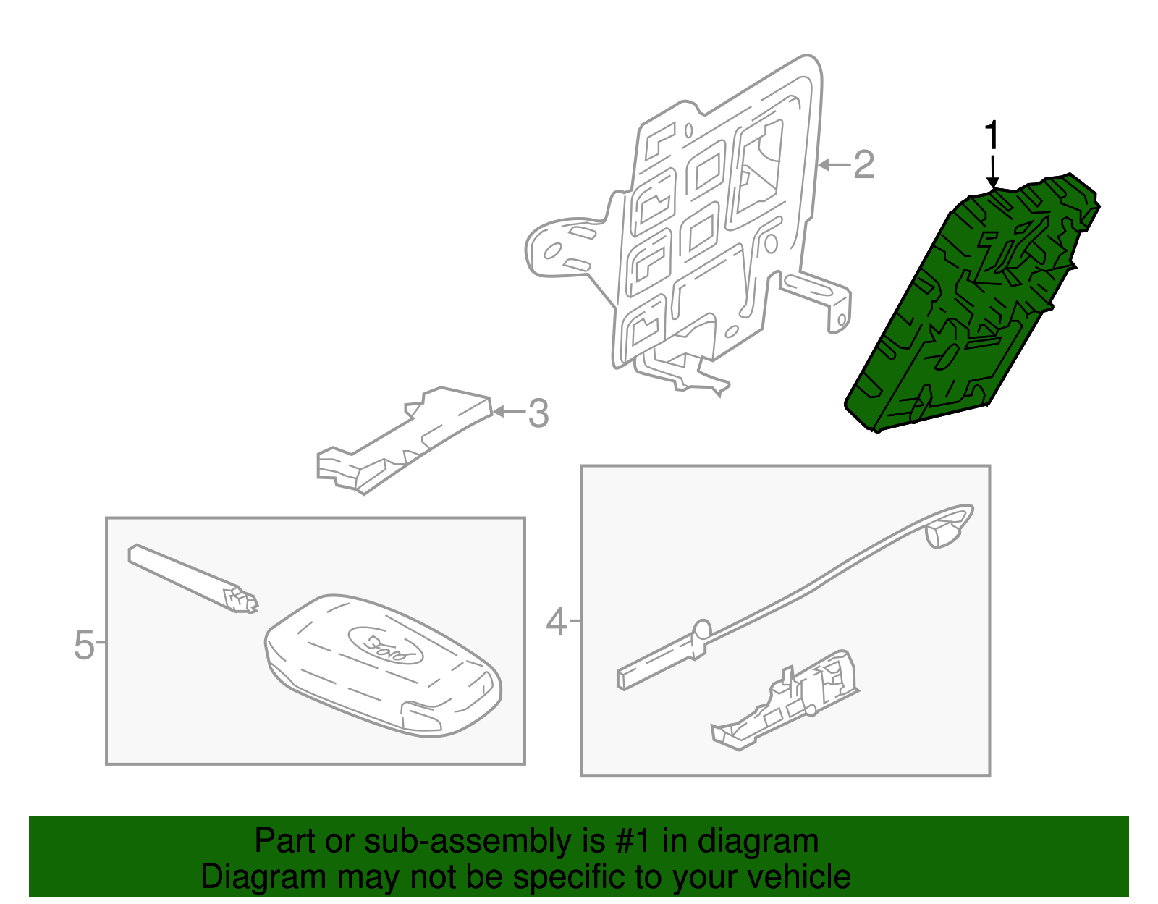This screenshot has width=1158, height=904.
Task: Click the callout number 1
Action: [x=992, y=136]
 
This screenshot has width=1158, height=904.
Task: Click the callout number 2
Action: [x=863, y=165]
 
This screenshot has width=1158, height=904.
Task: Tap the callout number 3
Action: [x=538, y=413]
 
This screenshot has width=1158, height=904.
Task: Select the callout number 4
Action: [x=556, y=621]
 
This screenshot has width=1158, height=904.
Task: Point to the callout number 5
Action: [x=84, y=644]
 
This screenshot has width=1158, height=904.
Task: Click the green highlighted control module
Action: [x=970, y=304]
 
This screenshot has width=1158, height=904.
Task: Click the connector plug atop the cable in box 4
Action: [x=944, y=533]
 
